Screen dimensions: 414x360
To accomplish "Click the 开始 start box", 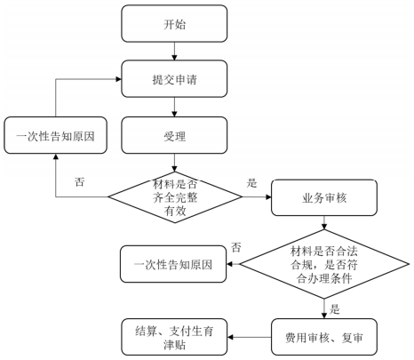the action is [x=174, y=23].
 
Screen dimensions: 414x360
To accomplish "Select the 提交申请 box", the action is [x=174, y=79].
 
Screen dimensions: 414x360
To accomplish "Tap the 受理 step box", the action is [x=174, y=135].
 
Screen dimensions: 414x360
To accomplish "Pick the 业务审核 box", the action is [x=324, y=197].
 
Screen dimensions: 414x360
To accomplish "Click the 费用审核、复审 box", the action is [x=324, y=337].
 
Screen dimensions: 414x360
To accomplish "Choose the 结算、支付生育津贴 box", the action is [x=174, y=337].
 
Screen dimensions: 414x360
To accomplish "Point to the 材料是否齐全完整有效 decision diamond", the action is [x=175, y=197].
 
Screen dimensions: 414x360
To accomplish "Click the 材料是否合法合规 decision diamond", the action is [x=324, y=264].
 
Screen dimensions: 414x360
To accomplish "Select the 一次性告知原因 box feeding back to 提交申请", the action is [x=55, y=135].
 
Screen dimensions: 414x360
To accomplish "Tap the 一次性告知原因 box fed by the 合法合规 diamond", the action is [x=173, y=264].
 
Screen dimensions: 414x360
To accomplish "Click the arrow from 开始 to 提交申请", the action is [x=174, y=52].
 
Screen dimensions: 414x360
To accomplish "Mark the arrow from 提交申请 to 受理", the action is [x=174, y=107].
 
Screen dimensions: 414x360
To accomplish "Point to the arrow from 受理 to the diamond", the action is [x=174, y=163].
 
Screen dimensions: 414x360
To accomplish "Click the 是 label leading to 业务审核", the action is [x=251, y=183].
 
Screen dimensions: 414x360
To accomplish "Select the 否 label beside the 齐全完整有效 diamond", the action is [x=79, y=181].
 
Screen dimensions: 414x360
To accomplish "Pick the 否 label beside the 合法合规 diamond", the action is [x=236, y=247].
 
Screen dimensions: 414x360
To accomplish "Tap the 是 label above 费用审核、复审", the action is [x=334, y=309].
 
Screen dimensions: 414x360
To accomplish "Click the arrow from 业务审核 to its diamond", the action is [x=324, y=222].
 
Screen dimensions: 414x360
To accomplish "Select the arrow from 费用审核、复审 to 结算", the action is [x=250, y=337].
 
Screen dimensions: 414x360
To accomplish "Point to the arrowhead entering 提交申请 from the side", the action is [x=119, y=79].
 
